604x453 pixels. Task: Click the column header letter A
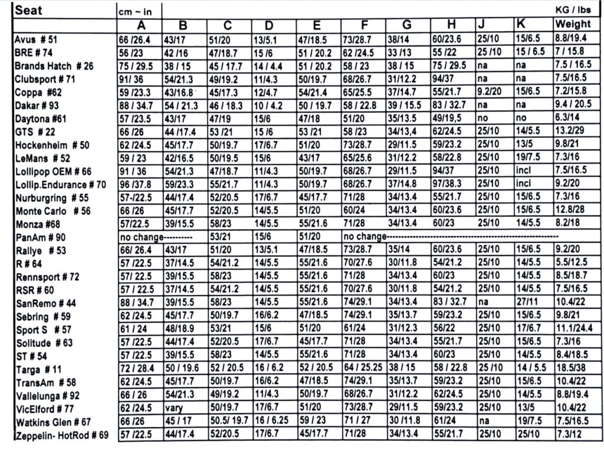click(x=141, y=25)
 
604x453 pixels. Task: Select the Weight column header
click(x=572, y=24)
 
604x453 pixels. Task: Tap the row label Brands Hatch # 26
click(x=54, y=66)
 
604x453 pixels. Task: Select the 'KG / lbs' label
click(x=573, y=11)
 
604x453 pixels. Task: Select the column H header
click(x=452, y=25)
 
